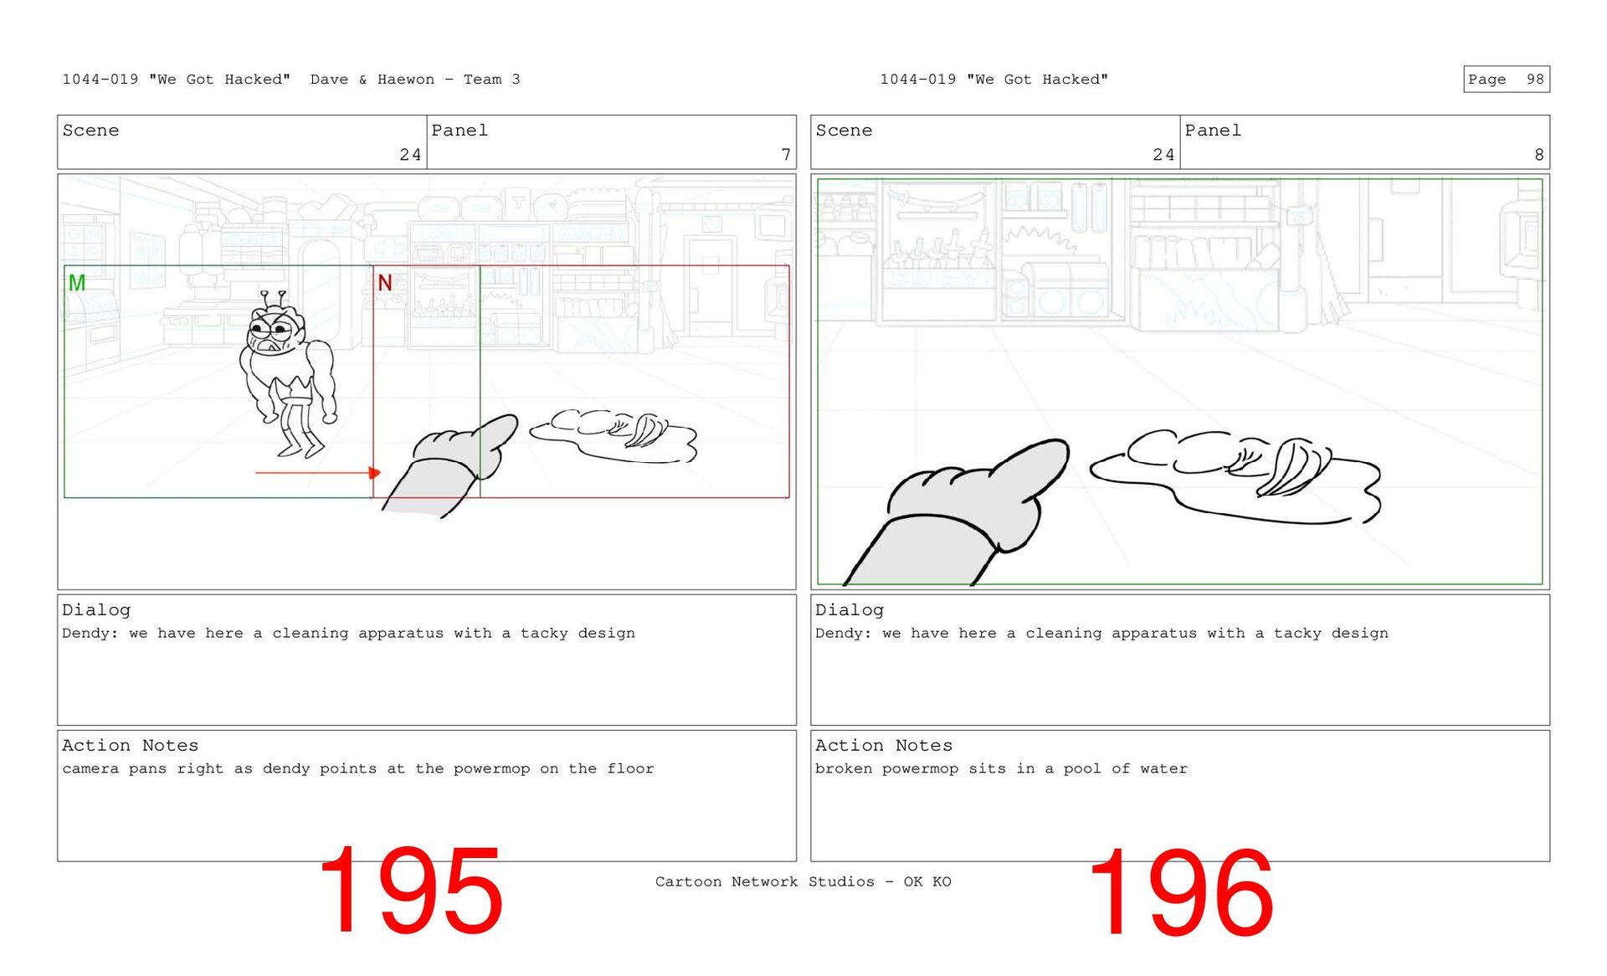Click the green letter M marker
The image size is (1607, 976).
[x=77, y=283]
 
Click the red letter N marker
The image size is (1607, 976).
[x=385, y=283]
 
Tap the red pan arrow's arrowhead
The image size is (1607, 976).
[x=375, y=473]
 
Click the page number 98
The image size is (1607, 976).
[x=1535, y=80]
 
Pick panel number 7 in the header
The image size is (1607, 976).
[x=786, y=155]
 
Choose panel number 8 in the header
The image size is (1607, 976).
[x=1539, y=155]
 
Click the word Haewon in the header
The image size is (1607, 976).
[x=406, y=80]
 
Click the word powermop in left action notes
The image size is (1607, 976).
[x=491, y=769]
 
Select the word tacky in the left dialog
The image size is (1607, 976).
[x=544, y=634]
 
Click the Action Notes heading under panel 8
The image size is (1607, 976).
[x=883, y=745]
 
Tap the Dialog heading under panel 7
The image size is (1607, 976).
[x=96, y=610]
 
